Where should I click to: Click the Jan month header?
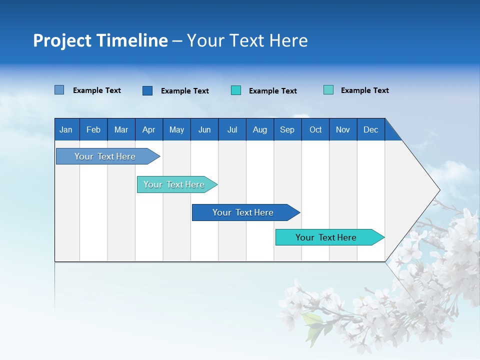pyautogui.click(x=66, y=129)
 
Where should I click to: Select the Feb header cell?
pyautogui.click(x=93, y=129)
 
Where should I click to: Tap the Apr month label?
pyautogui.click(x=148, y=129)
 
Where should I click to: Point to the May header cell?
pyautogui.click(x=176, y=129)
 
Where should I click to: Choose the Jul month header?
pyautogui.click(x=232, y=129)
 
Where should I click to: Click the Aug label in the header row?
pyautogui.click(x=260, y=129)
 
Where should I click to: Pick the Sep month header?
pyautogui.click(x=287, y=129)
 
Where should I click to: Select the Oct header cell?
pyautogui.click(x=315, y=129)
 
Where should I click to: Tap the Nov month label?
pyautogui.click(x=343, y=129)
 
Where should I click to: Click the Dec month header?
pyautogui.click(x=370, y=129)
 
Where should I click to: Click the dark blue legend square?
pyautogui.click(x=147, y=90)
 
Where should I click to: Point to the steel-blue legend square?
pyautogui.click(x=59, y=90)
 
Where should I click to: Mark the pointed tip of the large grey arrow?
pyautogui.click(x=438, y=190)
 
